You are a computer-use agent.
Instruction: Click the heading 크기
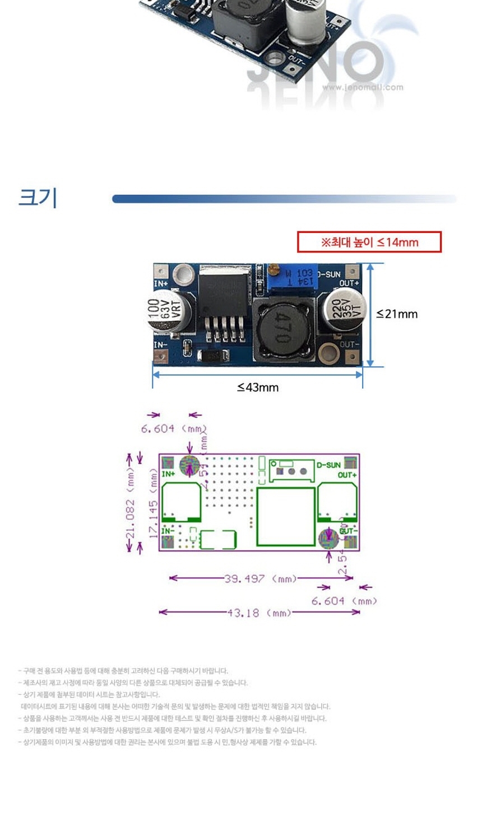click(38, 198)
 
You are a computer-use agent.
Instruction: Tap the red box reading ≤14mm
click(369, 242)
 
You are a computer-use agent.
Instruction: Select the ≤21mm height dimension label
click(397, 314)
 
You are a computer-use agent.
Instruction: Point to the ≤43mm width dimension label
click(257, 388)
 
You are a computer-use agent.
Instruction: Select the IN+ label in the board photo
click(161, 284)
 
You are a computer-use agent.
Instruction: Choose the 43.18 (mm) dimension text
click(259, 613)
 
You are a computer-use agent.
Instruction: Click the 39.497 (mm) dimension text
click(260, 578)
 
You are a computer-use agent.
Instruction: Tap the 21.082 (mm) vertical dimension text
click(130, 503)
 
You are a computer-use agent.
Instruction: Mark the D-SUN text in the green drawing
click(328, 465)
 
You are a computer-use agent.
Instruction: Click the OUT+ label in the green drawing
click(347, 475)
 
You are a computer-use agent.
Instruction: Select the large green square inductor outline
click(286, 516)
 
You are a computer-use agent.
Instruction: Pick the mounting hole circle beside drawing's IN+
click(189, 466)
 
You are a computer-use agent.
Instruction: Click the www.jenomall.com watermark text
click(362, 87)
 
